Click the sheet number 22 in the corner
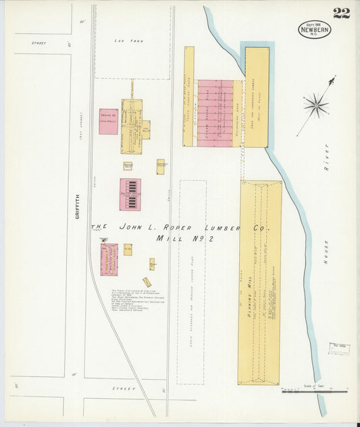(x=341, y=13)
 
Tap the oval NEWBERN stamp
(x=314, y=30)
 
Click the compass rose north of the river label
(x=316, y=105)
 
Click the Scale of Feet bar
(x=314, y=390)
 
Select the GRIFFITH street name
(x=78, y=206)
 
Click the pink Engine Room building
(x=109, y=122)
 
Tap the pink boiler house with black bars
(x=130, y=195)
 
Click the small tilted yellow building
(x=147, y=282)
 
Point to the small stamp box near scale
(x=340, y=348)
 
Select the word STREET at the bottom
(x=123, y=389)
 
